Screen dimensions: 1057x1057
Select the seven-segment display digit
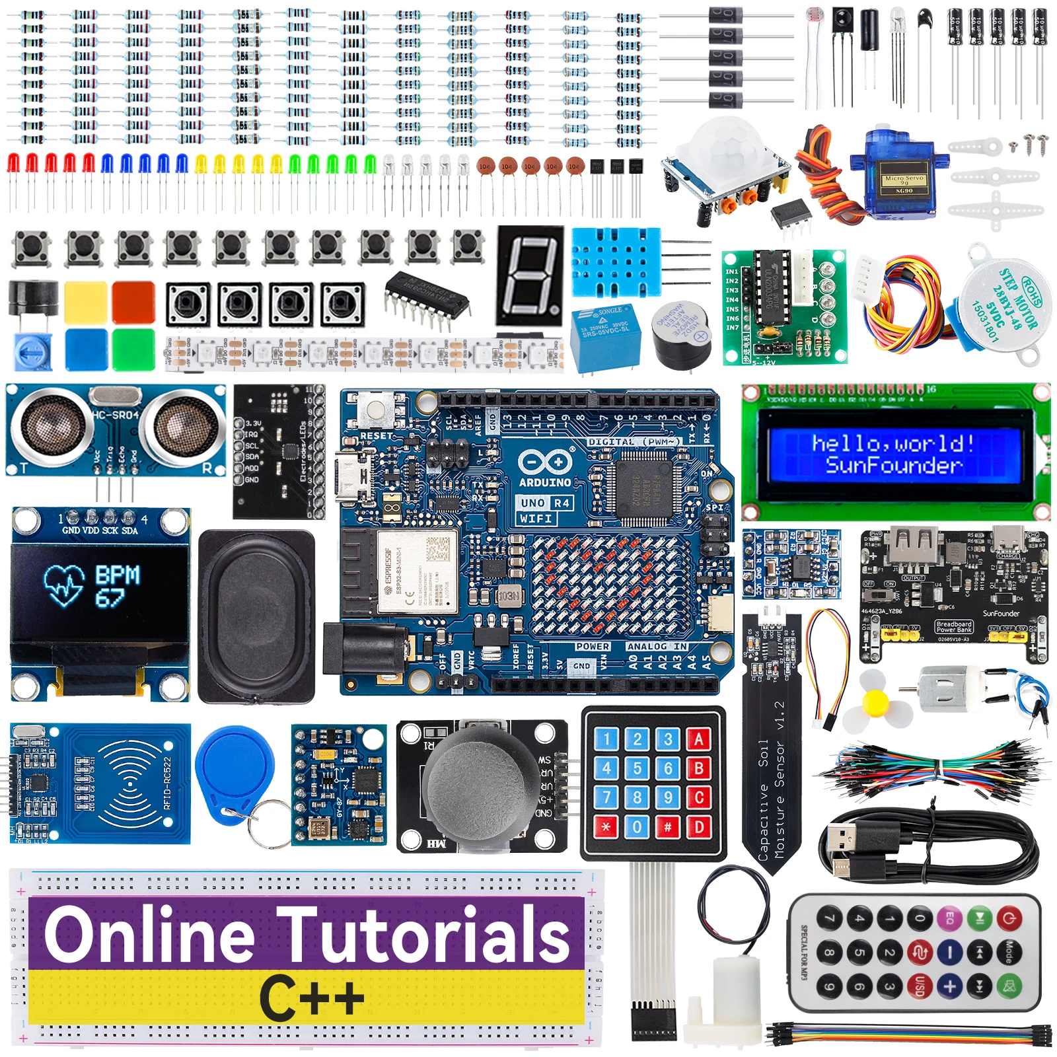click(x=530, y=275)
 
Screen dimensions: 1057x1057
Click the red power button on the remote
click(x=1008, y=918)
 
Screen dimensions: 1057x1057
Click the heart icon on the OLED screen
click(x=64, y=585)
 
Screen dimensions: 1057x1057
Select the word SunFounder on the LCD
click(x=893, y=465)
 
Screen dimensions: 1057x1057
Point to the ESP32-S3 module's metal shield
click(x=418, y=571)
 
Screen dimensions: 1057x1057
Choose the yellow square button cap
click(x=86, y=302)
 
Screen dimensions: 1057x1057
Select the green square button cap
click(x=133, y=349)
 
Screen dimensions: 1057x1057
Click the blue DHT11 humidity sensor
click(x=616, y=262)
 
